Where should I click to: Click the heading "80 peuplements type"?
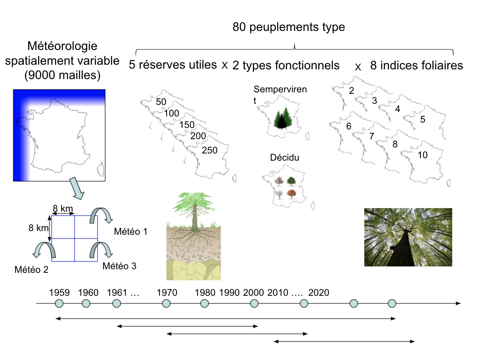coord(288,27)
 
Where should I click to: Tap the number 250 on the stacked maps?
coord(210,150)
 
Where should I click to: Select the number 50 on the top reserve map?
coord(161,102)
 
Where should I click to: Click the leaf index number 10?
coord(422,155)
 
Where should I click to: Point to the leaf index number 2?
coord(351,91)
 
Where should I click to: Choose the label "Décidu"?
coord(284,157)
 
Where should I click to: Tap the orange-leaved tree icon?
coord(291,194)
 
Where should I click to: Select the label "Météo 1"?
coord(131,231)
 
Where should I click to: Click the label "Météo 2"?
coord(31,270)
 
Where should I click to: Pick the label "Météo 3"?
coord(120,266)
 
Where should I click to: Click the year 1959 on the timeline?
coord(59,293)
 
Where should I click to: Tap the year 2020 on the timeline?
coord(319,293)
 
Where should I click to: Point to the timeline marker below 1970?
coord(166,303)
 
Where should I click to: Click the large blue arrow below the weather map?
coord(77,188)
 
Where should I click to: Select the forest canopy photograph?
coord(408,237)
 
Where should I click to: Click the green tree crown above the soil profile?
coord(194,202)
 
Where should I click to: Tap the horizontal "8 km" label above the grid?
coord(63,208)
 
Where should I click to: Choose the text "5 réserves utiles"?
coord(173,65)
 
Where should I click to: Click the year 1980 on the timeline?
coord(205,293)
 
